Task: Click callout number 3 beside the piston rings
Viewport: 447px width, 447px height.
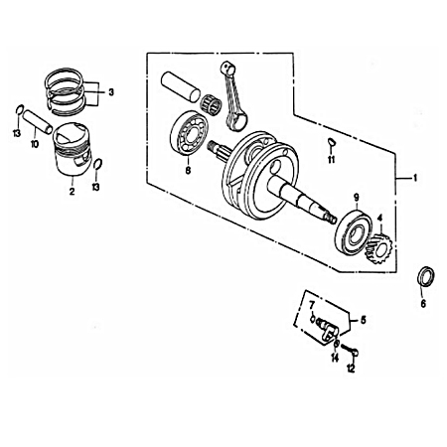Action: pyautogui.click(x=111, y=92)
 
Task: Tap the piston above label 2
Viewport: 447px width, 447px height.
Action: pyautogui.click(x=71, y=153)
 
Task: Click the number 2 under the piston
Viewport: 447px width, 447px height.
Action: pyautogui.click(x=72, y=193)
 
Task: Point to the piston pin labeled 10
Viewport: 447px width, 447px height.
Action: pyautogui.click(x=37, y=122)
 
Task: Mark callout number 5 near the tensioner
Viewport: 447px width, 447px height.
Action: pyautogui.click(x=364, y=321)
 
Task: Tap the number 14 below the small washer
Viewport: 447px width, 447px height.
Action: pyautogui.click(x=335, y=357)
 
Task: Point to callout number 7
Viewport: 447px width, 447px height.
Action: pyautogui.click(x=310, y=303)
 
